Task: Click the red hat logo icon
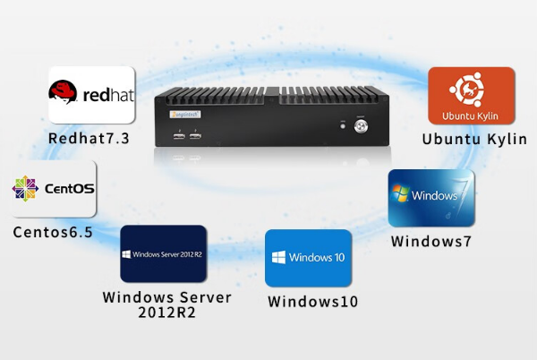coord(63,92)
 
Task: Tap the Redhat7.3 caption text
coord(89,138)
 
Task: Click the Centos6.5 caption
coord(53,232)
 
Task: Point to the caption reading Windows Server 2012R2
coord(166,304)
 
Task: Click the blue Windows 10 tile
coord(308,258)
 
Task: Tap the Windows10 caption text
coord(312,302)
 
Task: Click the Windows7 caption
coord(430,241)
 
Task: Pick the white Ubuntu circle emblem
coord(471,90)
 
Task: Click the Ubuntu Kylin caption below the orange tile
coord(474,139)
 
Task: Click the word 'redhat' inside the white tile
coord(107,94)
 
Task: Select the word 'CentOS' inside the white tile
coord(66,190)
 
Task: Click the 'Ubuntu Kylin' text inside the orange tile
coord(471,116)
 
